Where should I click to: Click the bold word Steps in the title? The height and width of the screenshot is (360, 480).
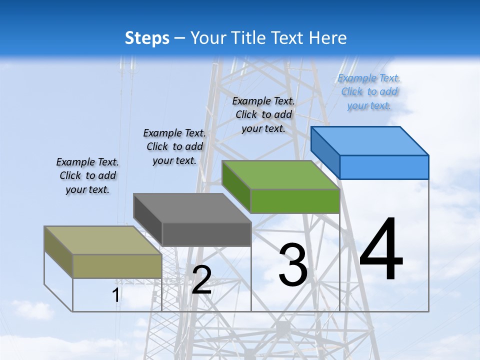pos(147,38)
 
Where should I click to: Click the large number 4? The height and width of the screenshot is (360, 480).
pos(381,249)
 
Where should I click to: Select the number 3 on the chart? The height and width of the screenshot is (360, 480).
pos(293,264)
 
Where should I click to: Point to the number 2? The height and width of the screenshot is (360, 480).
pos(201,279)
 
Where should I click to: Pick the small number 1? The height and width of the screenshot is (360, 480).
pos(115,295)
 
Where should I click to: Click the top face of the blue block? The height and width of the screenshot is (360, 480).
pos(370,140)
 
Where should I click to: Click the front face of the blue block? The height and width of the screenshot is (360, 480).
pos(384,167)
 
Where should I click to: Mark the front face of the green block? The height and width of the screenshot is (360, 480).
pos(295,201)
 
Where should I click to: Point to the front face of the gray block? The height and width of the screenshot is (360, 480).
pos(206,234)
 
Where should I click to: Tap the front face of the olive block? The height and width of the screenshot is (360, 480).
pos(117,266)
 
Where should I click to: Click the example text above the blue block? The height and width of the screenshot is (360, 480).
pos(369,92)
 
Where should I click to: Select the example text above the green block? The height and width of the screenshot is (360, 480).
pos(263,114)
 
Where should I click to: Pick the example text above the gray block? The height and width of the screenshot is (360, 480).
pos(174,146)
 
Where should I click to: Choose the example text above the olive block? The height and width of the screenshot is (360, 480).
pos(87,175)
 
